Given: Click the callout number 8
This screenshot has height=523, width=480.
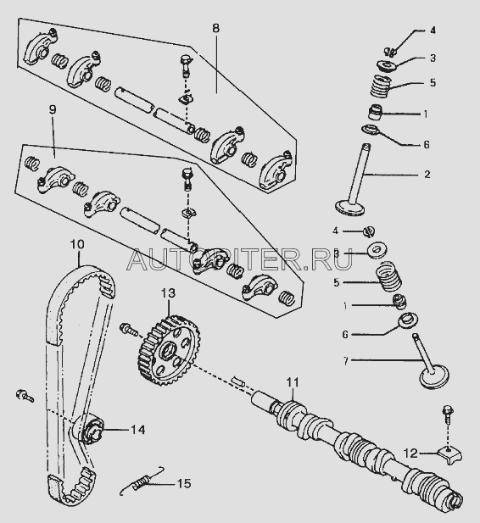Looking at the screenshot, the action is (216, 28).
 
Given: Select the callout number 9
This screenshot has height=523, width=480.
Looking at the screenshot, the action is (53, 109).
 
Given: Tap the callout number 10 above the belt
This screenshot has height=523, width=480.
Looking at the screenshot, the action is (77, 244).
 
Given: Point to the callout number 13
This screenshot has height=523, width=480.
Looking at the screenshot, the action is (168, 293).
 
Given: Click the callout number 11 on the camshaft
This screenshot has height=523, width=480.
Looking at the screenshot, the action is (293, 382).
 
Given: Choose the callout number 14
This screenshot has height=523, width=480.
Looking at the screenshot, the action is (138, 430).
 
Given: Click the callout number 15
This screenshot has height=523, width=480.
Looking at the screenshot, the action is (184, 483).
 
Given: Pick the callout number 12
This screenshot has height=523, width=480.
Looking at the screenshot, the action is (410, 453).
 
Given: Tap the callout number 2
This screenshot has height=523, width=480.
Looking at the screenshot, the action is (427, 174).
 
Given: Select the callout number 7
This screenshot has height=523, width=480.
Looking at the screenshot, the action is (346, 360).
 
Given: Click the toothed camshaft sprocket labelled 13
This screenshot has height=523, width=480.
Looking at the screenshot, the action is (169, 350).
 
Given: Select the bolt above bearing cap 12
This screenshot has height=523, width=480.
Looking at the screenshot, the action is (447, 415).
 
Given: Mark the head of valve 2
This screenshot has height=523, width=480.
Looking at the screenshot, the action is (350, 208).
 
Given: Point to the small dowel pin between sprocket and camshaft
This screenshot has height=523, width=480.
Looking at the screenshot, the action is (238, 381).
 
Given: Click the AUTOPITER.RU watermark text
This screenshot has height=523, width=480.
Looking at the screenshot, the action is (239, 259).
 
